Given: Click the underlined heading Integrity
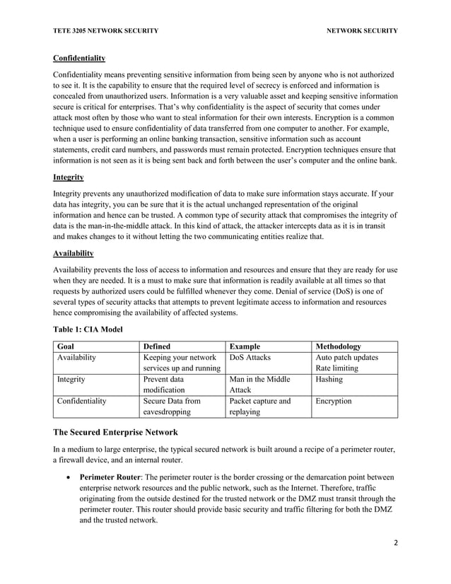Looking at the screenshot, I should (x=69, y=177).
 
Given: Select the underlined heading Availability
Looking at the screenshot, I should (x=74, y=253).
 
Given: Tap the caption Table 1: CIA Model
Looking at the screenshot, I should (x=88, y=329).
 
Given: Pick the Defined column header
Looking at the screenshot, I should (x=156, y=346).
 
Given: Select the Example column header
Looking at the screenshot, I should (x=244, y=346).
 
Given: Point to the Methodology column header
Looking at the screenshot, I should (x=338, y=346).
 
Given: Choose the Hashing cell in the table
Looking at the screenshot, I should (x=329, y=379).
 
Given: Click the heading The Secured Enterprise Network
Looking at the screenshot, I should (x=116, y=432).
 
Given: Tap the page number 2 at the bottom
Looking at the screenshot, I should (x=394, y=561).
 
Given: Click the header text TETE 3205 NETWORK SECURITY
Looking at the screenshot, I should (x=105, y=30).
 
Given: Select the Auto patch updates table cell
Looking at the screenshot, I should (x=346, y=358).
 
